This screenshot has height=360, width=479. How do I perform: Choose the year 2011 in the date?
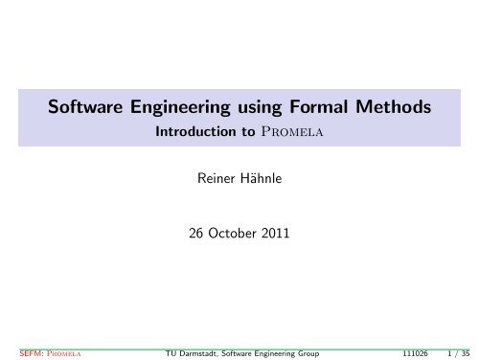[x=275, y=234]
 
